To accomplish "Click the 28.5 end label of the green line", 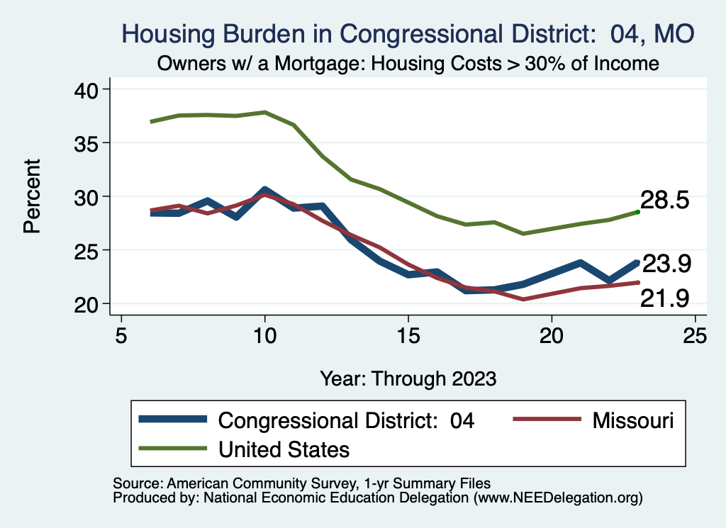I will [664, 201].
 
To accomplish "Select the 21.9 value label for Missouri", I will [664, 299].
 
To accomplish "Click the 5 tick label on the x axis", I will [121, 335].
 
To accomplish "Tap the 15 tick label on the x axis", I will [408, 335].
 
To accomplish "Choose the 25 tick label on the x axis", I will [694, 335].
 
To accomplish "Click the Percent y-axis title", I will [31, 196].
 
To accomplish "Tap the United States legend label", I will [284, 449].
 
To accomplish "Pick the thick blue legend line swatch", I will [174, 420].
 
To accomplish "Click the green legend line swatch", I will [174, 448].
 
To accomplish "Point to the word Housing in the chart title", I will [167, 33].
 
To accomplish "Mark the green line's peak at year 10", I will [264, 112].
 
